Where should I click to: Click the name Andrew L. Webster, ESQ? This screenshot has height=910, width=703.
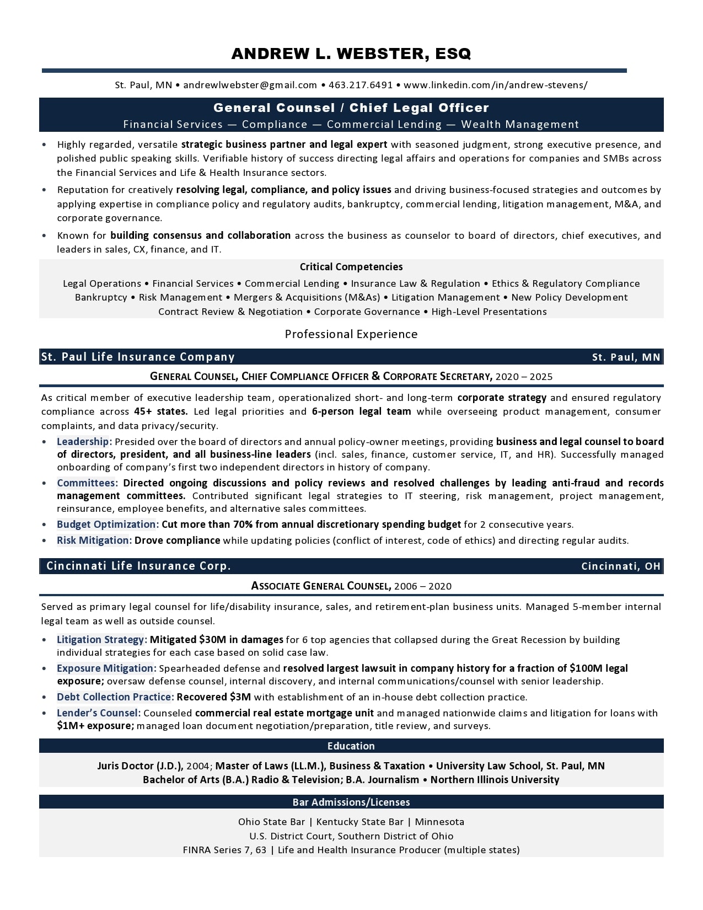click(x=351, y=53)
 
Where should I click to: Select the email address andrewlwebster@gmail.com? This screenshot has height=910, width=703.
click(x=250, y=85)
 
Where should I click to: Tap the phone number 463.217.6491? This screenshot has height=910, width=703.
click(x=361, y=85)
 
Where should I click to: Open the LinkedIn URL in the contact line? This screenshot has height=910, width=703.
click(x=495, y=85)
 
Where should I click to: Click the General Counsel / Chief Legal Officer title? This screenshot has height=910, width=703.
click(x=351, y=108)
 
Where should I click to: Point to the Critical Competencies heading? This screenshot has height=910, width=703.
click(x=351, y=267)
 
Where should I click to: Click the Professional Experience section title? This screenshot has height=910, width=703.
click(x=351, y=334)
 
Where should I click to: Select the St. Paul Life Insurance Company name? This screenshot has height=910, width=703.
click(x=138, y=357)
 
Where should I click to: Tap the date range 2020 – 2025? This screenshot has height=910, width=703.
click(x=524, y=377)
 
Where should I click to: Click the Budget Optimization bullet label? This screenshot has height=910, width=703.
click(x=108, y=524)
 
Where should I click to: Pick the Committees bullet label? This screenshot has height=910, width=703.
click(x=87, y=483)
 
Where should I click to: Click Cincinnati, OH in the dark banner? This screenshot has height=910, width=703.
click(x=621, y=566)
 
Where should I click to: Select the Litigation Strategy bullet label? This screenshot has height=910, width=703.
click(x=101, y=640)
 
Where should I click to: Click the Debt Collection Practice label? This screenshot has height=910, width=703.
click(x=115, y=697)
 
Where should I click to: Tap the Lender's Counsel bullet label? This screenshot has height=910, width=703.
click(x=98, y=713)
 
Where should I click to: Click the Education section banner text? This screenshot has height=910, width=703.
click(x=351, y=746)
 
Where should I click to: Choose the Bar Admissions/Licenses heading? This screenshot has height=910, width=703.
click(x=351, y=802)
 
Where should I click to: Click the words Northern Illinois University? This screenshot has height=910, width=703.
click(x=495, y=780)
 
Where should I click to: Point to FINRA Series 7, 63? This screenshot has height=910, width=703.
click(x=224, y=850)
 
